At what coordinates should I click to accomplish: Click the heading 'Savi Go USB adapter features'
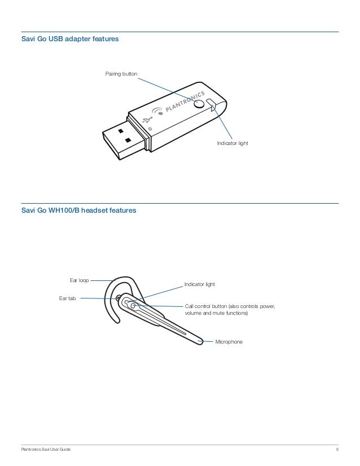pos(69,40)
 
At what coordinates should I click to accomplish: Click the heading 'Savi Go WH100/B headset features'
pos(78,211)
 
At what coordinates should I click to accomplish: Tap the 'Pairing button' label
pos(121,74)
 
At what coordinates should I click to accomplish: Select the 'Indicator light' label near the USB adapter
pos(232,144)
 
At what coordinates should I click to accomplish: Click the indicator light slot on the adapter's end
pos(212,104)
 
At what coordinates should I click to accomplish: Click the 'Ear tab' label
pos(68,298)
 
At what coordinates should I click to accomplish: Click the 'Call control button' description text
pos(230,310)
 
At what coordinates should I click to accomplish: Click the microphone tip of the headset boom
pos(200,340)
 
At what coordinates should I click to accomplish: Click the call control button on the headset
pos(133,306)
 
